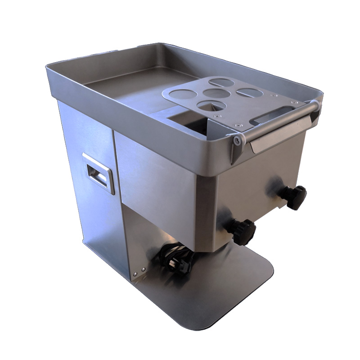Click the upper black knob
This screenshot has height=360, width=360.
point(296,197)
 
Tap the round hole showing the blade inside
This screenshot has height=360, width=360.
point(210,106)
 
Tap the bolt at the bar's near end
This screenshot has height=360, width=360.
point(237,140)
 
